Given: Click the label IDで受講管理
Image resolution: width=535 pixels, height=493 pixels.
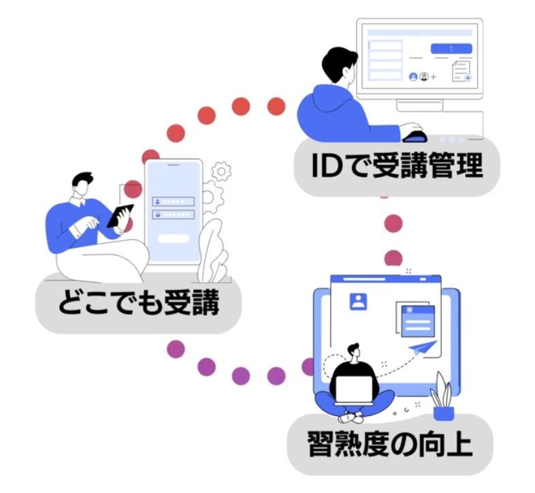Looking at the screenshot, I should coord(398,167).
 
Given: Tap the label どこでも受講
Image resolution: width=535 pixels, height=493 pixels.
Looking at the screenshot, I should coord(138,304).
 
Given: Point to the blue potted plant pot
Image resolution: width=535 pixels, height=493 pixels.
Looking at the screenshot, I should coord(443,411).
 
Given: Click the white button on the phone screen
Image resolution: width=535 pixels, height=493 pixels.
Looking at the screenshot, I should coord(174,239).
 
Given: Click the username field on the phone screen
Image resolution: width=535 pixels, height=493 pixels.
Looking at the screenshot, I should coord(174,202).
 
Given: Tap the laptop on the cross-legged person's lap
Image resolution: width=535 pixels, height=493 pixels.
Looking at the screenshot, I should coord(354,389).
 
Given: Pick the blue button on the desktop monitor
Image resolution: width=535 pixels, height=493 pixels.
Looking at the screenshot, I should coord(451,48).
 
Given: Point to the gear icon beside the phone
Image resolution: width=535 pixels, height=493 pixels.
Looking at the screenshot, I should coord(220,171).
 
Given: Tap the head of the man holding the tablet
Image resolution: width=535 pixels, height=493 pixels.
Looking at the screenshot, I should coord(82,184).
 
